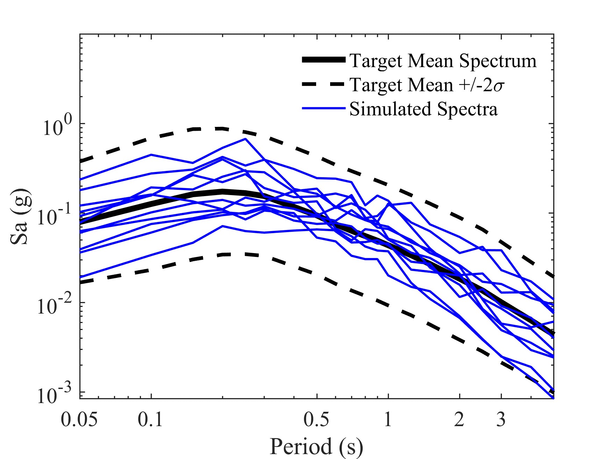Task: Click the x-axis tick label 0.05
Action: [79, 419]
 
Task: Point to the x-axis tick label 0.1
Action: [150, 419]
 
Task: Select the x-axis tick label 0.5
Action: [316, 419]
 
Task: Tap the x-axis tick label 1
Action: [388, 419]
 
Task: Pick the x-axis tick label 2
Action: [459, 419]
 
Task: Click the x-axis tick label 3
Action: [501, 419]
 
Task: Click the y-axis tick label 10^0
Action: [57, 127]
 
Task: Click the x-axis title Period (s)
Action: [316, 447]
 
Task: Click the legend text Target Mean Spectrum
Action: [443, 61]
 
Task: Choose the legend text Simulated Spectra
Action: [423, 109]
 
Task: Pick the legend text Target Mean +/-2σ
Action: [427, 85]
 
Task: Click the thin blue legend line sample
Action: [323, 108]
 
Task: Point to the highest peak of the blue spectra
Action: [245, 139]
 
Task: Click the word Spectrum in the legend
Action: [498, 61]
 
